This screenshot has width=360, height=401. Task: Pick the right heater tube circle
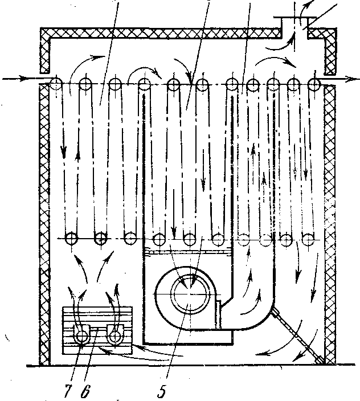[117, 335]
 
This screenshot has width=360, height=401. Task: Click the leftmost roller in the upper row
[56, 84]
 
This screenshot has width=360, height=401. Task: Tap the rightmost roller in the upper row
[313, 84]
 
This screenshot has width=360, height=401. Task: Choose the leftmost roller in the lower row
[72, 238]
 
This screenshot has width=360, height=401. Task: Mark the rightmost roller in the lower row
[309, 238]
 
